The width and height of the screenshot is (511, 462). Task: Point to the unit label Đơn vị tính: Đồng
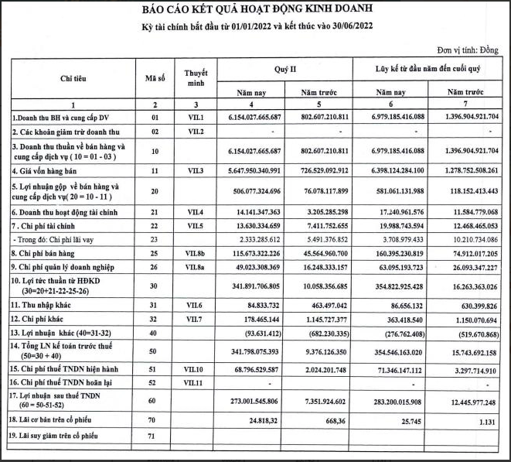coord(467,49)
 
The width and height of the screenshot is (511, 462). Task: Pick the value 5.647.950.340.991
coord(249,169)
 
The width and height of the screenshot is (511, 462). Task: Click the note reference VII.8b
coord(196,253)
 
